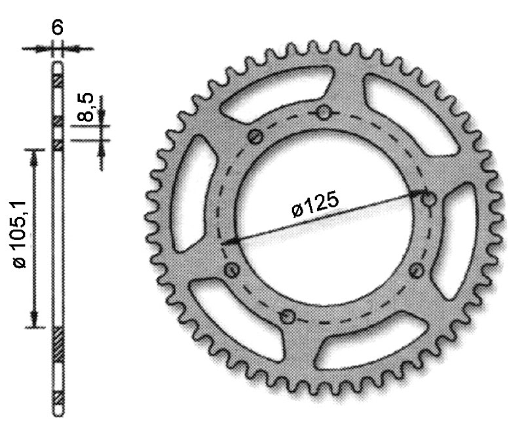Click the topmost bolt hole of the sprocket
click(323, 114)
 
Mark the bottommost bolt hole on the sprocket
click(286, 317)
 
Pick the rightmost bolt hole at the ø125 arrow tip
click(429, 199)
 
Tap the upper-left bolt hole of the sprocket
click(255, 137)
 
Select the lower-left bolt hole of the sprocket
click(231, 269)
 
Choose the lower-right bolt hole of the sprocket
click(414, 269)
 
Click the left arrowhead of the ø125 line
click(227, 243)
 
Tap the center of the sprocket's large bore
click(324, 216)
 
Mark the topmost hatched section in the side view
click(58, 80)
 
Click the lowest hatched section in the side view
click(58, 397)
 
